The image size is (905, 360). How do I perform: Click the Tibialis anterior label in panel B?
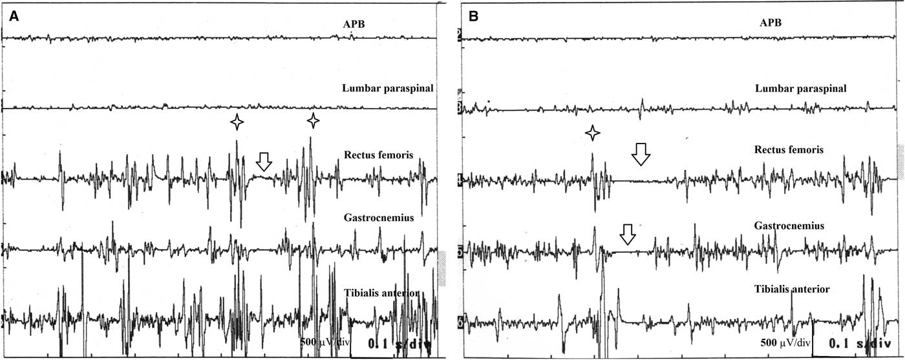(794, 289)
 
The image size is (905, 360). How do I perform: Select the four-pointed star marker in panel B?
(593, 134)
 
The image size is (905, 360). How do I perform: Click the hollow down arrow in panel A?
(264, 162)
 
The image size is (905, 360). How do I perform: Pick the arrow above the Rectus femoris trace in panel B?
(641, 153)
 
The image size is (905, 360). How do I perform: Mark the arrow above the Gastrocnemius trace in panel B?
(627, 234)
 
